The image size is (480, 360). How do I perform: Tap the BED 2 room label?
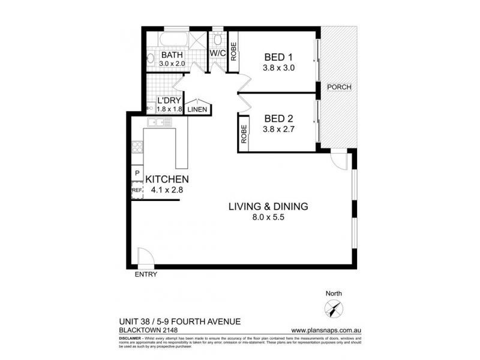[x=278, y=117]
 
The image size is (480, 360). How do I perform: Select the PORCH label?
[x=339, y=87]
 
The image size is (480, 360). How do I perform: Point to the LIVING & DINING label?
[x=268, y=206]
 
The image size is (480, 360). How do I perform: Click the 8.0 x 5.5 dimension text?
[x=268, y=218]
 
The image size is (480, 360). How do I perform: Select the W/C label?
[x=217, y=53]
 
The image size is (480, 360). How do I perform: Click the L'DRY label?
[x=167, y=101]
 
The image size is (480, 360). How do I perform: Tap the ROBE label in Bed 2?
[x=244, y=134]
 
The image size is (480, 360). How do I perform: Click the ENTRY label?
[x=146, y=275]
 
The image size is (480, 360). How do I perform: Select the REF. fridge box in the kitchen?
[x=137, y=191]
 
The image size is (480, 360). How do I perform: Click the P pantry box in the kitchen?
[x=137, y=175]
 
